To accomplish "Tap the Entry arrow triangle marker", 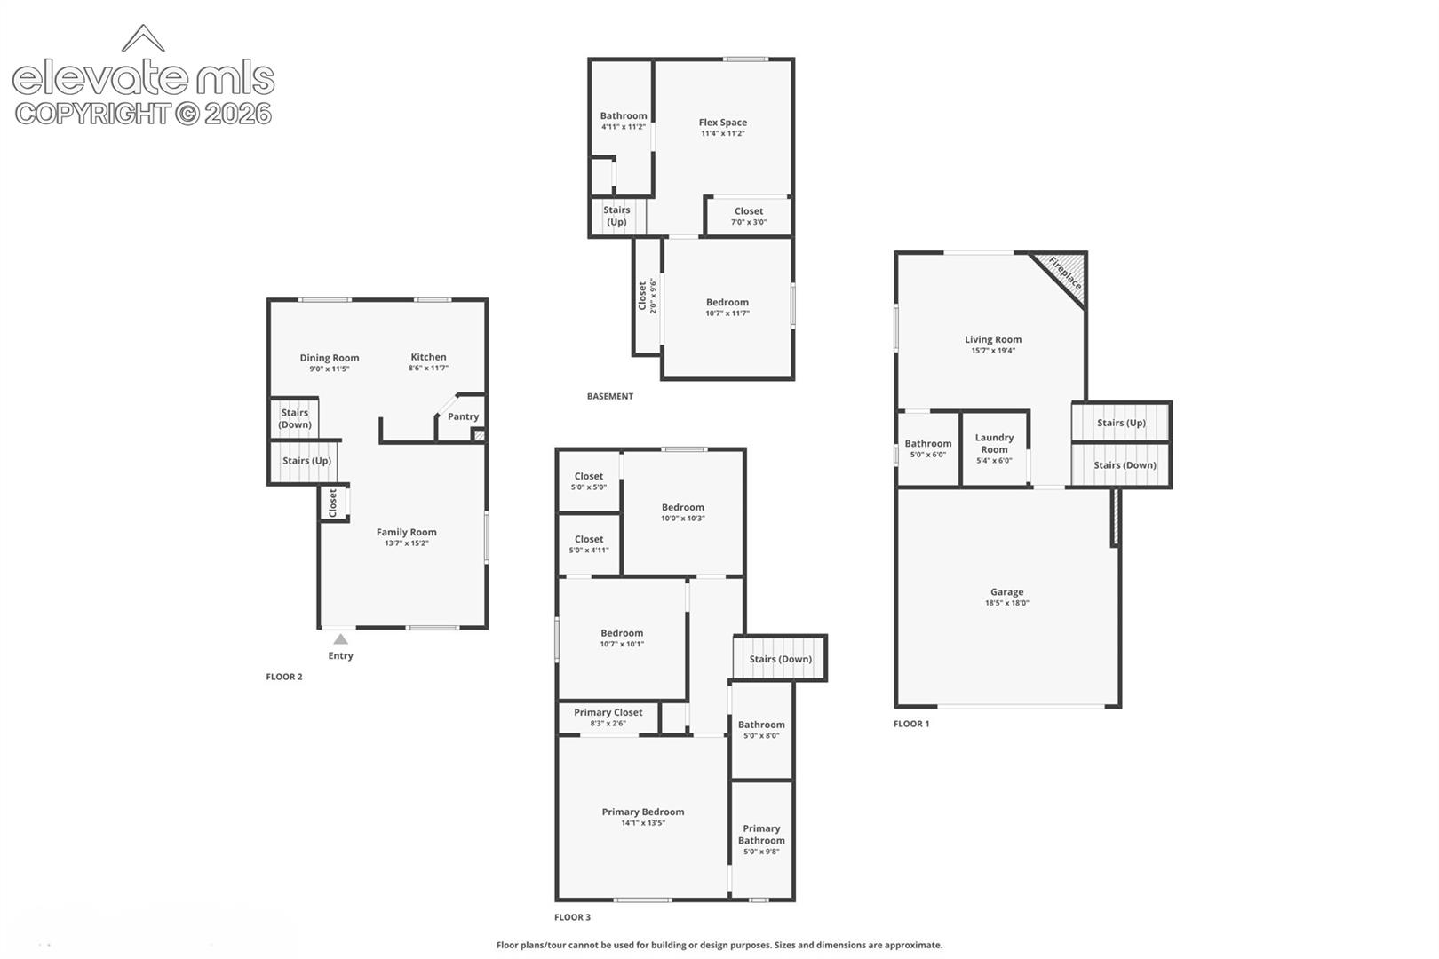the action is [340, 639].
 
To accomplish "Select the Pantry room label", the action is [463, 416].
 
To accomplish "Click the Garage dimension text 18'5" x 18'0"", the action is [1006, 603].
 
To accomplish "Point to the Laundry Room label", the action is [995, 443].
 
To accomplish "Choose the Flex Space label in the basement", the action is [723, 122].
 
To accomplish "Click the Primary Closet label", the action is [608, 712].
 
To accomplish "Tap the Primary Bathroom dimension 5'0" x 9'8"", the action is [761, 852].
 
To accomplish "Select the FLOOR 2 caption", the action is [284, 677].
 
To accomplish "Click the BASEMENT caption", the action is [610, 396].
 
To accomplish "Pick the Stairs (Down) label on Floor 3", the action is [781, 659].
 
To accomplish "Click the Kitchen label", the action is [428, 357].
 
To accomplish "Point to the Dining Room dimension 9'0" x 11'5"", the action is [330, 369].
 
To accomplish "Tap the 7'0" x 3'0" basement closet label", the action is [749, 222].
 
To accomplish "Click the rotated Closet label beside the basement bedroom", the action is [642, 296].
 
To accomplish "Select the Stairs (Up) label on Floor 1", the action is [1122, 423].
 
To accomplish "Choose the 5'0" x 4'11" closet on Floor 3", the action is [589, 550].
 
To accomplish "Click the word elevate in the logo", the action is [100, 78].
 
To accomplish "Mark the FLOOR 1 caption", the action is [911, 724].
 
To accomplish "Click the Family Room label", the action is [407, 532].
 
